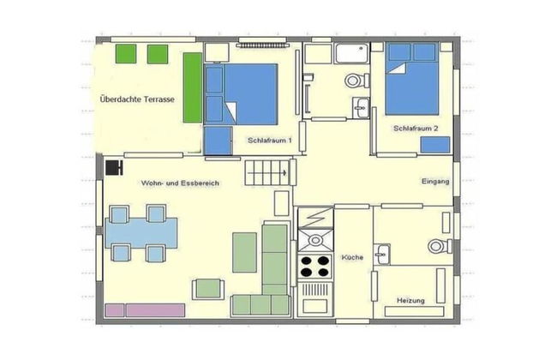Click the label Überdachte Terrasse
(x=138, y=100)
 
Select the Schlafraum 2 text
(x=416, y=129)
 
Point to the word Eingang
(x=436, y=181)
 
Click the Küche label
(x=352, y=257)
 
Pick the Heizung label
(x=411, y=300)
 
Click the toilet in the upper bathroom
(x=352, y=82)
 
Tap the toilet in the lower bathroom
(x=438, y=246)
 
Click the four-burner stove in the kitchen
(x=314, y=265)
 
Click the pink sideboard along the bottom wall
(x=145, y=309)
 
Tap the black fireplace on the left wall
(x=113, y=166)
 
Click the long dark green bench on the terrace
(x=193, y=90)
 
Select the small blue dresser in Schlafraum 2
(x=435, y=145)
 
